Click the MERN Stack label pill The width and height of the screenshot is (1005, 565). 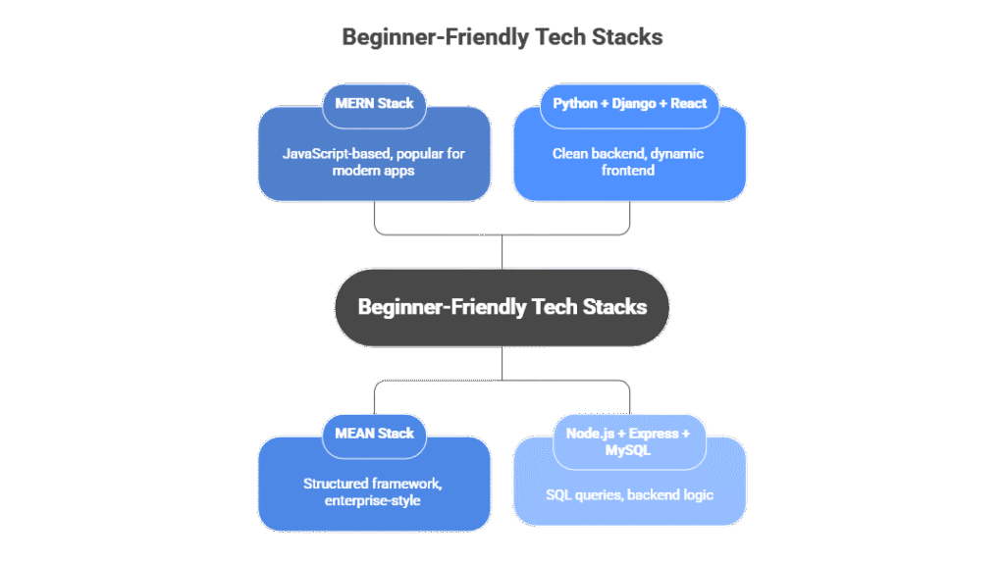click(374, 103)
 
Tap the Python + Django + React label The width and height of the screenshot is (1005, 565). click(629, 103)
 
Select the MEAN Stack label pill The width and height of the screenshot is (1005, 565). click(374, 433)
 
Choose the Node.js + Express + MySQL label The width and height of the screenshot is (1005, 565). click(629, 441)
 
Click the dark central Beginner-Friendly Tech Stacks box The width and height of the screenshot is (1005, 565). click(502, 307)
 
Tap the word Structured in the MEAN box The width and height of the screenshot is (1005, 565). click(336, 484)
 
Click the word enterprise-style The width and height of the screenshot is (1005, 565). click(374, 501)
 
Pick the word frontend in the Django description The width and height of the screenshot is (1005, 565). click(629, 171)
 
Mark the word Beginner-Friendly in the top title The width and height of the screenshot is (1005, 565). click(422, 37)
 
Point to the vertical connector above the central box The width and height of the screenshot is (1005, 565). click(502, 251)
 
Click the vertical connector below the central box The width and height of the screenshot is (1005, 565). click(502, 363)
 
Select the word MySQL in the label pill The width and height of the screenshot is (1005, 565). click(629, 451)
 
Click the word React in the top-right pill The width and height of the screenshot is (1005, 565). click(688, 103)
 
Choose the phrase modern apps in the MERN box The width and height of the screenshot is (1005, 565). click(374, 171)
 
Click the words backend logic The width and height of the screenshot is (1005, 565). click(669, 494)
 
